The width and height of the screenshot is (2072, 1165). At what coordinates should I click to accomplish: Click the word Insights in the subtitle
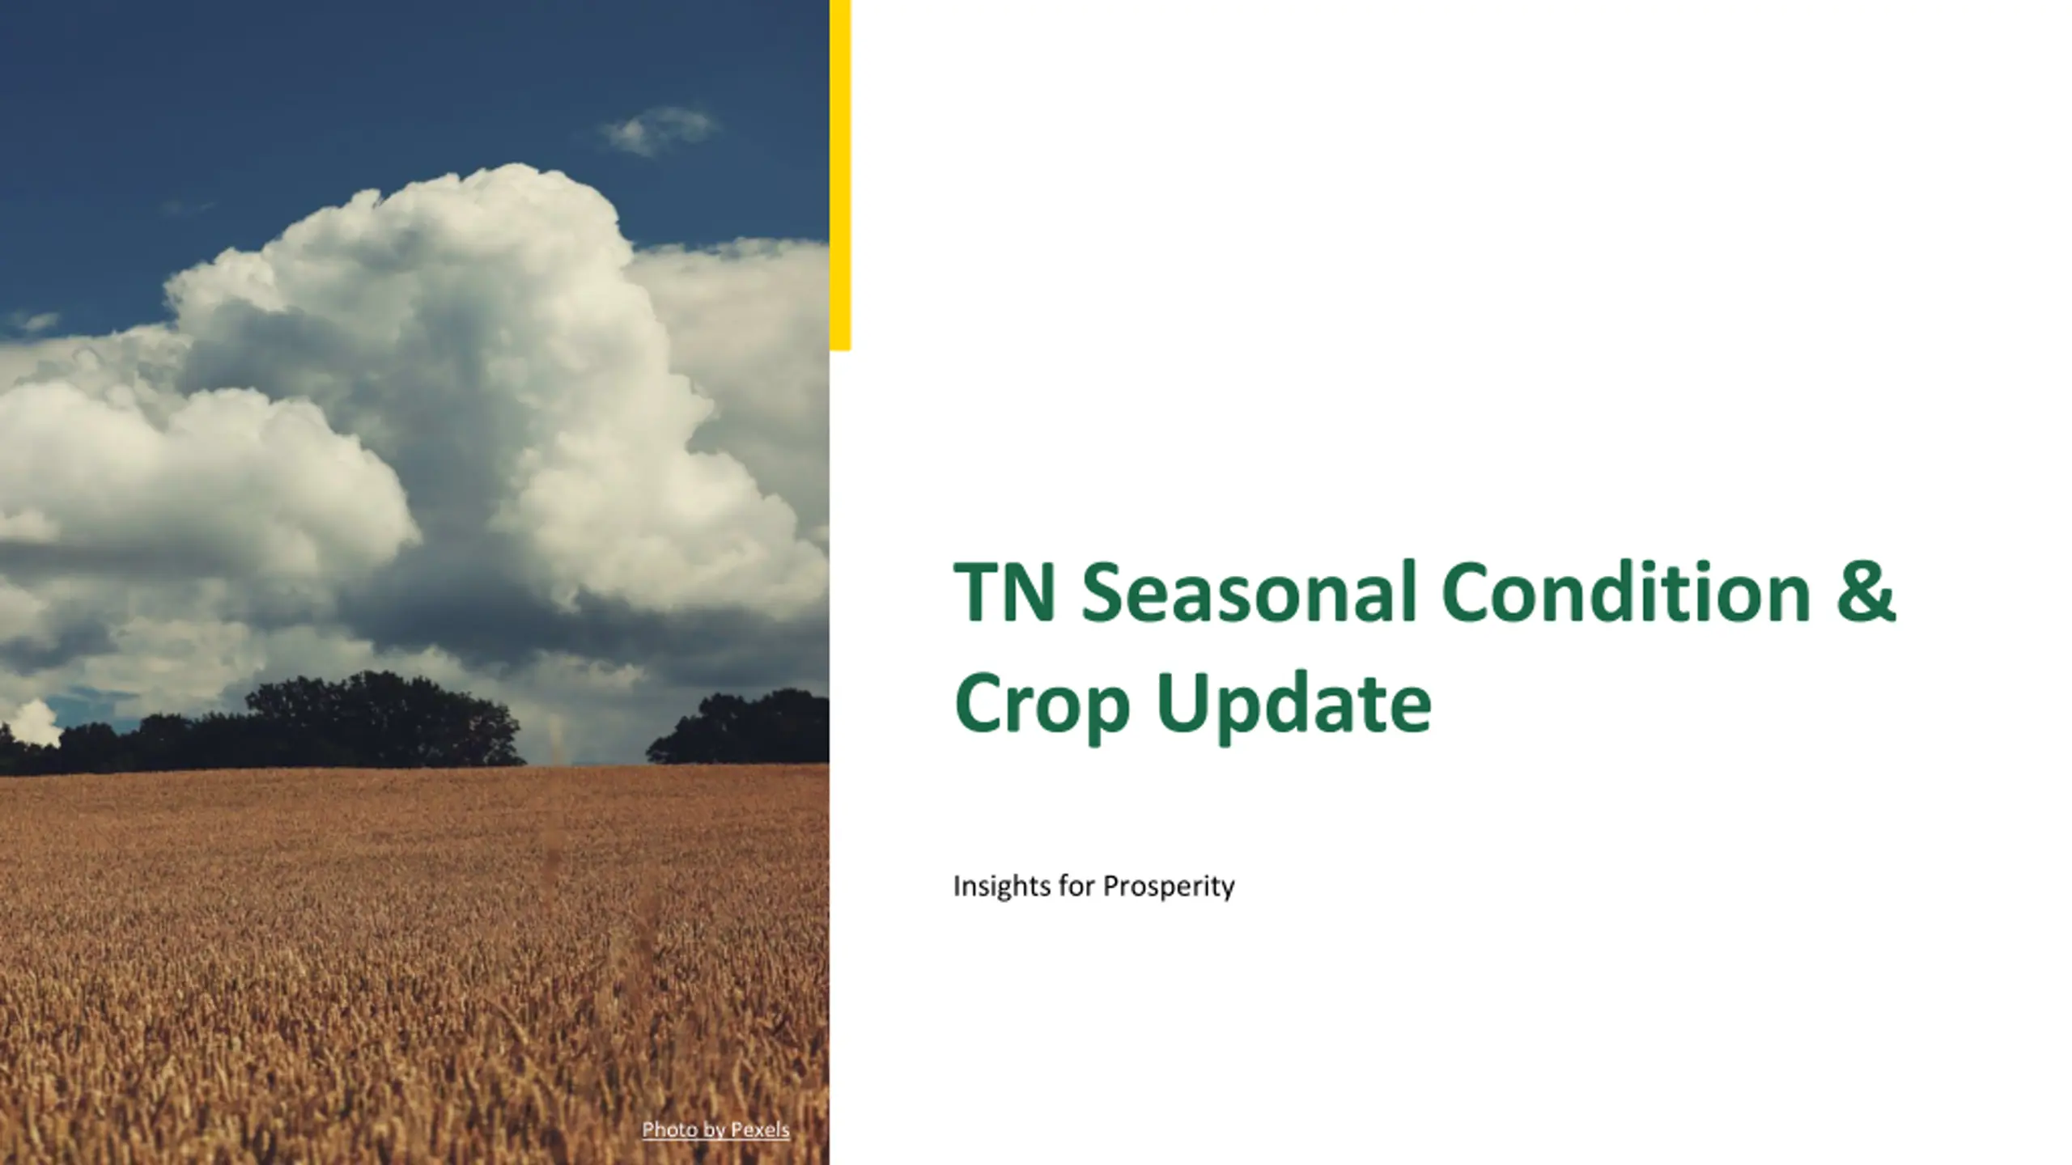(1002, 887)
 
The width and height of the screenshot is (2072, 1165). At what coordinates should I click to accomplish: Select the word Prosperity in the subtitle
(1170, 887)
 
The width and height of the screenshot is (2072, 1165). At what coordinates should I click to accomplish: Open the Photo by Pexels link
(715, 1130)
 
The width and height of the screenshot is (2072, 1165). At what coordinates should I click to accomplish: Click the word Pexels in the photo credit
(760, 1129)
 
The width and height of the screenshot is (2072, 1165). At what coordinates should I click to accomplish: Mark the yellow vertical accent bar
(840, 175)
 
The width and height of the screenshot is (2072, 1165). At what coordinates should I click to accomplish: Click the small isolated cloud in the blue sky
(660, 130)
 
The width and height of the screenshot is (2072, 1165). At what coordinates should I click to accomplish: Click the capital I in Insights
(957, 885)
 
